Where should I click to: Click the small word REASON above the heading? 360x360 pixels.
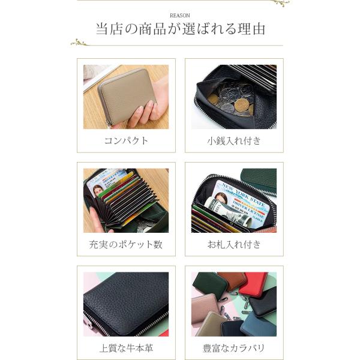click(x=180, y=16)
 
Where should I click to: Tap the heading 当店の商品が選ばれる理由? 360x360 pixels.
click(x=180, y=29)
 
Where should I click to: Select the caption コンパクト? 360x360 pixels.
click(x=126, y=141)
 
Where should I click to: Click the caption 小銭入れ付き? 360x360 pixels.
click(x=234, y=141)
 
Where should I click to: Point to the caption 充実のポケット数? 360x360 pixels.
click(x=126, y=245)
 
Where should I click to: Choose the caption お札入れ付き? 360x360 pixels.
click(x=234, y=245)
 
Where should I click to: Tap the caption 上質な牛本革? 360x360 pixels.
click(x=126, y=348)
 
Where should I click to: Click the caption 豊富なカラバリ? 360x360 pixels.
click(x=234, y=348)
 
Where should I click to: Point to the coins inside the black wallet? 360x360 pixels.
click(x=231, y=100)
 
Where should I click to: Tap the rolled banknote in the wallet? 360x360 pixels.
click(x=227, y=212)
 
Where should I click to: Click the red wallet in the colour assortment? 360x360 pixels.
click(x=253, y=284)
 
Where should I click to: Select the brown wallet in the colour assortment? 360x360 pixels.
click(x=232, y=281)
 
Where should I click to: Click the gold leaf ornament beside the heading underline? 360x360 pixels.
click(x=79, y=42)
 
